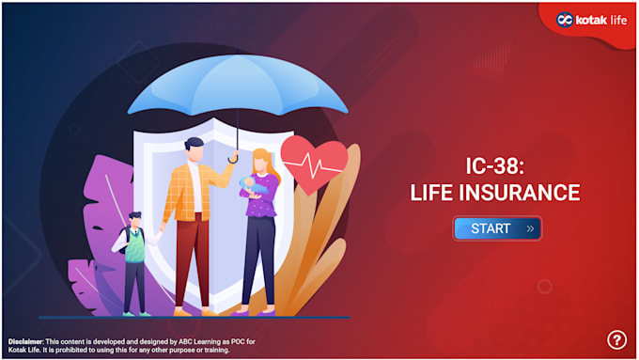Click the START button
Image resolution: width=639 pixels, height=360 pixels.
[x=497, y=228]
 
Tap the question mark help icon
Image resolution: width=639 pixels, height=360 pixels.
[x=616, y=339]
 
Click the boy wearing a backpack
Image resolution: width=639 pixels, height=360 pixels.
[x=133, y=258]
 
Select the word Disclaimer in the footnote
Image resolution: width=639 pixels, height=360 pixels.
[x=25, y=340]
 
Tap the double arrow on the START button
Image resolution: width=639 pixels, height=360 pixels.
[x=530, y=228]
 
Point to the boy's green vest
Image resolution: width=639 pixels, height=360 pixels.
[x=135, y=246]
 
